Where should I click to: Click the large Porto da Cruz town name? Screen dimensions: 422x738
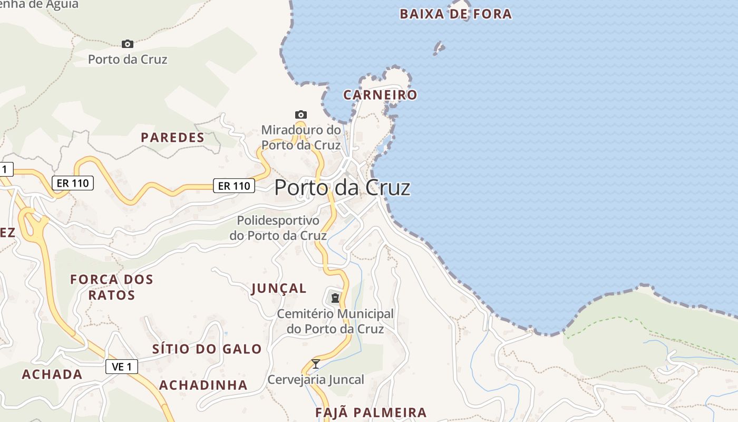[x=342, y=188]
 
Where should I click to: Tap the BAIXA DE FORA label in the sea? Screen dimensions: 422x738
[x=455, y=14]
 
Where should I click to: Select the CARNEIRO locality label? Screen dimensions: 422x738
[x=380, y=95]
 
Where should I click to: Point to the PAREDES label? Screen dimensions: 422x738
[x=172, y=138]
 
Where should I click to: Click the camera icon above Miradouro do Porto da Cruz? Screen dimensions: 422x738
[x=301, y=114]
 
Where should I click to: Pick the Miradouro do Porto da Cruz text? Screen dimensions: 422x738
[x=301, y=137]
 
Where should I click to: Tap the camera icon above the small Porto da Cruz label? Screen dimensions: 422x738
[x=127, y=44]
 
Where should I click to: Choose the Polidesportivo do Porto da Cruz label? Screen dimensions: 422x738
[x=278, y=228]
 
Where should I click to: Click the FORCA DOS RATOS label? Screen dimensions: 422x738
[x=112, y=287]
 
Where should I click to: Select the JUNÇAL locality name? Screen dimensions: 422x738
[x=279, y=289]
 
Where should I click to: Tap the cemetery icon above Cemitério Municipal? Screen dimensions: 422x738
[x=335, y=298]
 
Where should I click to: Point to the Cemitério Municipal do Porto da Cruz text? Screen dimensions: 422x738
[x=335, y=321]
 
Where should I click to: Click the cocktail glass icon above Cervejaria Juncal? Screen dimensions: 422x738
[x=316, y=364]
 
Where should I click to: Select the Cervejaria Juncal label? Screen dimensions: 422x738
[x=316, y=380]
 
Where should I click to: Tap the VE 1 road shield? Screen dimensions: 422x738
[x=122, y=367]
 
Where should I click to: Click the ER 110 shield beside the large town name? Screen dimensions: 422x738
[x=234, y=186]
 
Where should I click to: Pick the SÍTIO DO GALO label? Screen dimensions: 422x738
[x=207, y=349]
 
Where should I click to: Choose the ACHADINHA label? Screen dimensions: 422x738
[x=203, y=385]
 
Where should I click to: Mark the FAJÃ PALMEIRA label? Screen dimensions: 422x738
[x=371, y=413]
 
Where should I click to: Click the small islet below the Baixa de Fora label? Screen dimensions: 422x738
[x=439, y=49]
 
